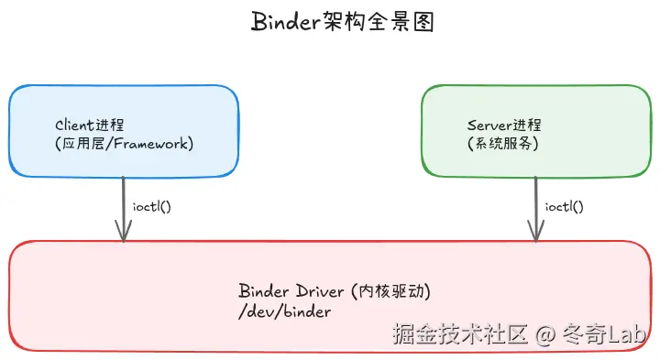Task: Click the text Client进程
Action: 90,125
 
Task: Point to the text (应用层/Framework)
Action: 125,144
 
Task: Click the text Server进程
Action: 504,125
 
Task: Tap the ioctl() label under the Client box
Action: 151,206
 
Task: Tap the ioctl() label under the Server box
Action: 564,206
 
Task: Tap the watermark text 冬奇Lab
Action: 606,334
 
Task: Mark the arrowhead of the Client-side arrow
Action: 123,235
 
